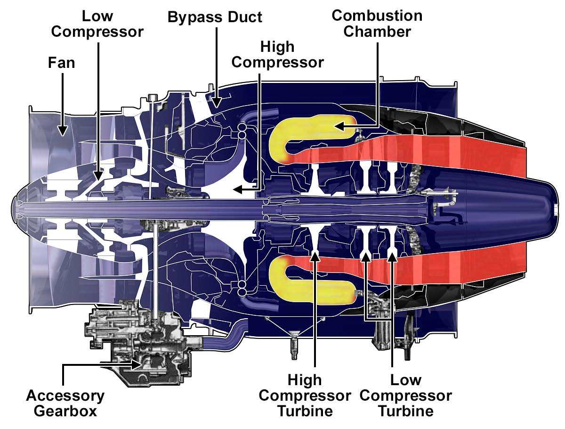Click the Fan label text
[62, 63]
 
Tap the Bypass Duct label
[215, 17]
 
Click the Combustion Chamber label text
[377, 24]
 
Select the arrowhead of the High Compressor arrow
[237, 190]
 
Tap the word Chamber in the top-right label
[377, 32]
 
